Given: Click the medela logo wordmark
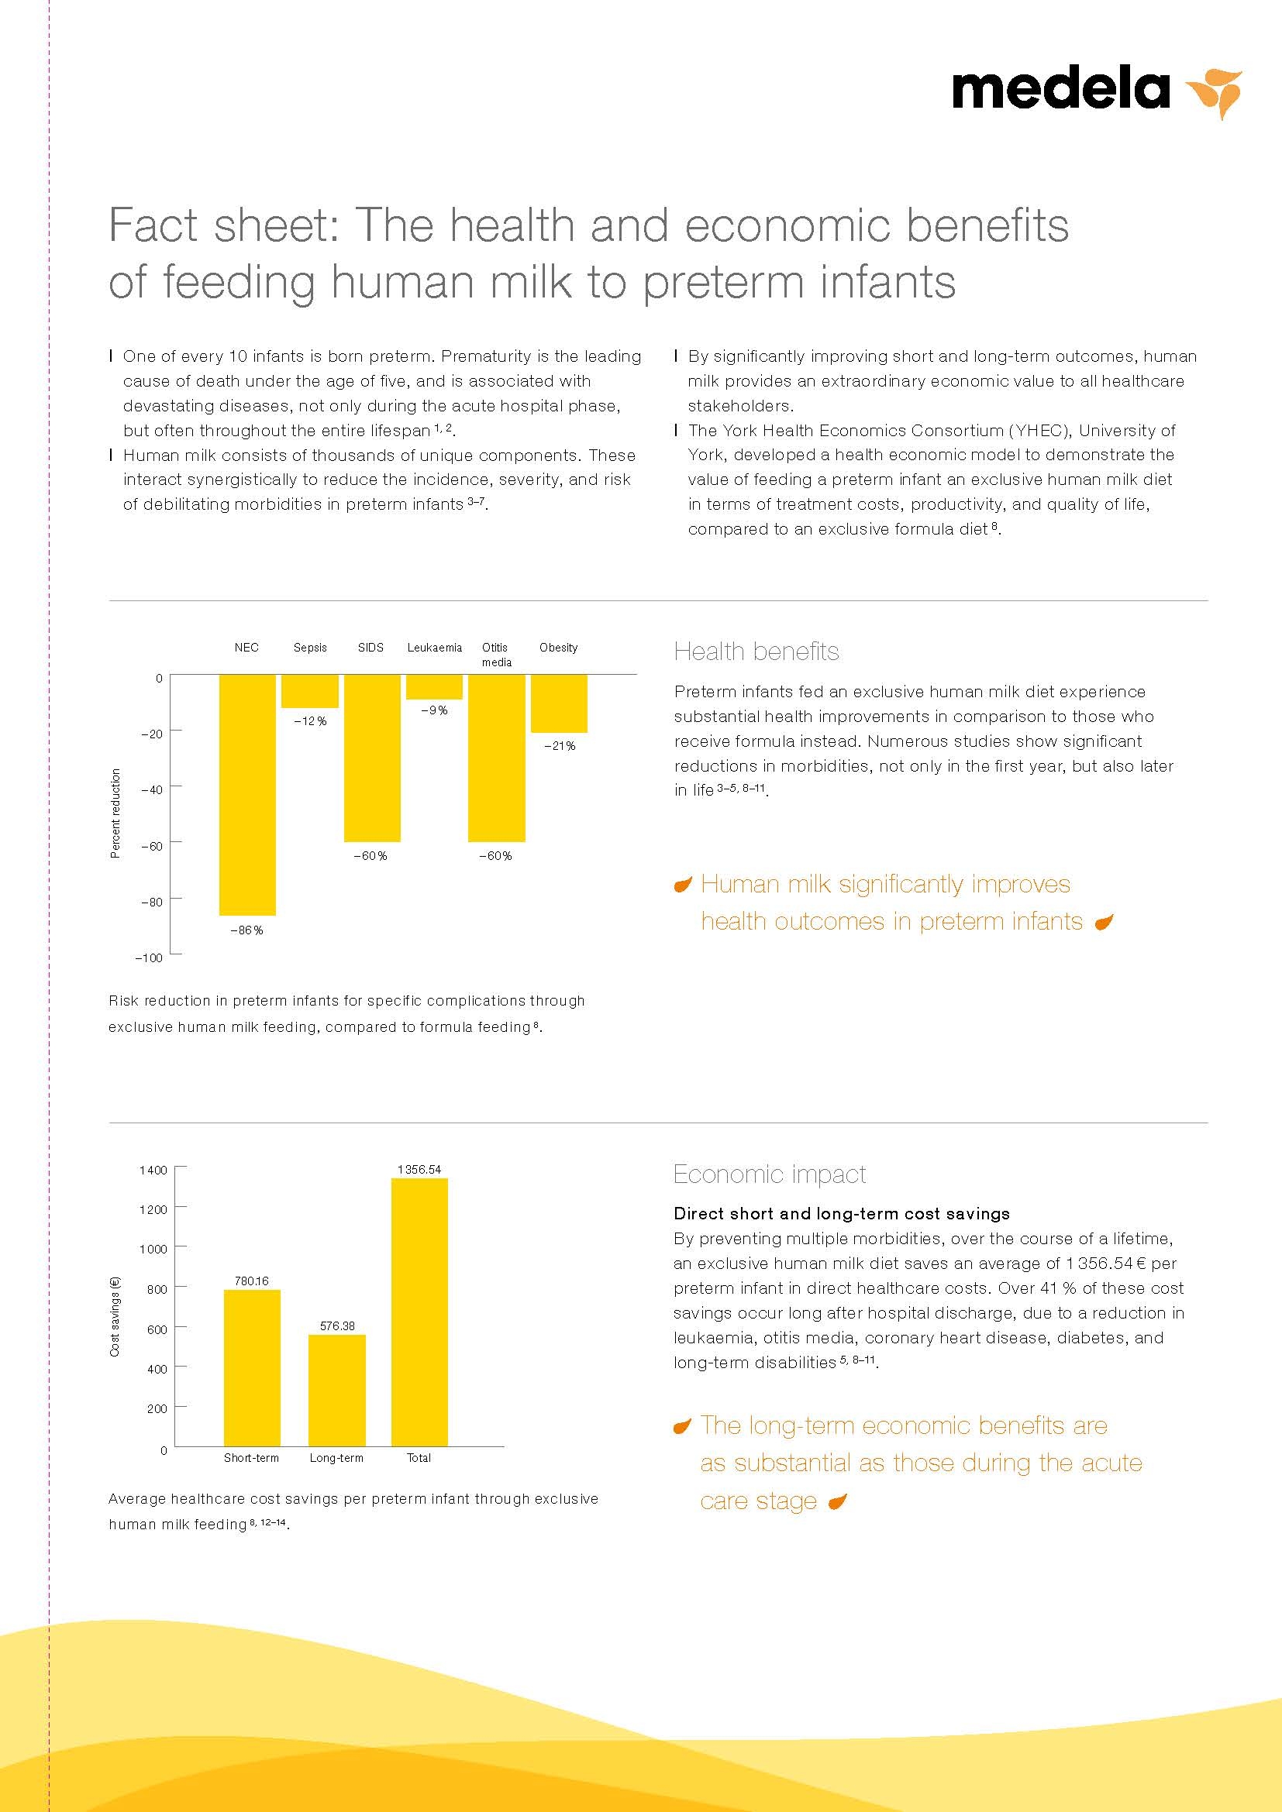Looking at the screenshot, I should point(1060,90).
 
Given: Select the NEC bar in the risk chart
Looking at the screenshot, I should point(247,794).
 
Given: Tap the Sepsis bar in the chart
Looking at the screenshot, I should point(309,690).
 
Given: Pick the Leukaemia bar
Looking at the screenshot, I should point(434,686).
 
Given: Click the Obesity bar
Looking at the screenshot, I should point(559,703).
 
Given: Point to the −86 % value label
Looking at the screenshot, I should point(246,930).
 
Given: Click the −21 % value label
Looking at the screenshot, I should point(560,746).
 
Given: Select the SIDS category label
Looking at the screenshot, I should point(370,648).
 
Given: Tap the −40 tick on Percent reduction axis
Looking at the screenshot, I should point(152,789).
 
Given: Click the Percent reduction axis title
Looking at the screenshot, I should point(115,813).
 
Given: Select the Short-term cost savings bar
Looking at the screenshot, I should point(252,1367).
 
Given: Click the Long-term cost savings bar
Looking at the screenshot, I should point(336,1390).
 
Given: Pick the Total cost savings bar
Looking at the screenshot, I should point(419,1312).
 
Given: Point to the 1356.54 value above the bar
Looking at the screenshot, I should point(419,1170).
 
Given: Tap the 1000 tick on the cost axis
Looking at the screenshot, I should point(153,1250).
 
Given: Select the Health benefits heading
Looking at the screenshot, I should point(756,652).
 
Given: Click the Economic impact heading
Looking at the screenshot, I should point(769,1174).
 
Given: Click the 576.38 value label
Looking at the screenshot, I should point(337,1325).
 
